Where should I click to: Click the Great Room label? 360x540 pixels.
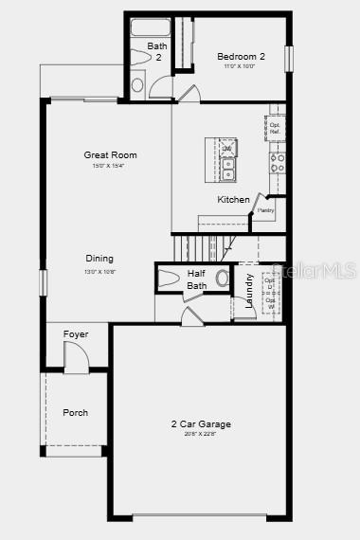click(110, 154)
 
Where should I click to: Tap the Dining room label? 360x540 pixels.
click(99, 258)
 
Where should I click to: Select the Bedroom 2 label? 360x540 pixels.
click(241, 56)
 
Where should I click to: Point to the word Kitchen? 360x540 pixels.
click(233, 199)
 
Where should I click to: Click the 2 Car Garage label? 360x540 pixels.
click(201, 424)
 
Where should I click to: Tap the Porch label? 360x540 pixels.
click(75, 412)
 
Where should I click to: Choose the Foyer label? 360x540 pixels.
click(76, 334)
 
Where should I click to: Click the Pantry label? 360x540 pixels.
click(266, 210)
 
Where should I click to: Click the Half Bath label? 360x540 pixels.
click(196, 279)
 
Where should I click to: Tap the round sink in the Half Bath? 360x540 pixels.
click(223, 279)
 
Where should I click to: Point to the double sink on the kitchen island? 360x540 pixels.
click(227, 162)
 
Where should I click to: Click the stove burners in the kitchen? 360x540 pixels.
click(278, 163)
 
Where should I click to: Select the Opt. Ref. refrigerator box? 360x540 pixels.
click(276, 127)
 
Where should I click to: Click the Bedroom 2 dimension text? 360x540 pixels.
click(241, 66)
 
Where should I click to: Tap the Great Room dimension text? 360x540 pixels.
click(110, 166)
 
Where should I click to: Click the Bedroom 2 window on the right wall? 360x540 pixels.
click(290, 58)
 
